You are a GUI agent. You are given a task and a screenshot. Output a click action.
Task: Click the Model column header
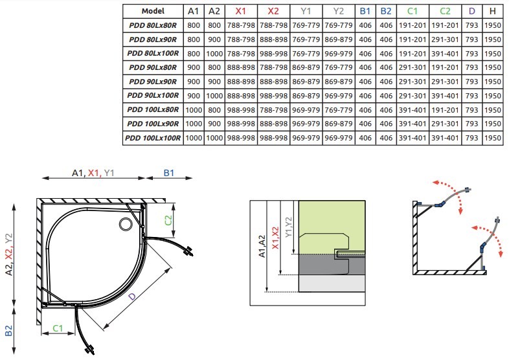(x=153, y=11)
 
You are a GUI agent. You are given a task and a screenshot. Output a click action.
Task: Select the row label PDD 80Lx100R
(x=153, y=53)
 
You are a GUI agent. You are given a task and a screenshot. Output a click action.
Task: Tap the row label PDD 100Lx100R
(x=153, y=137)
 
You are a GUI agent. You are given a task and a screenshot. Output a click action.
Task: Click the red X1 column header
(x=241, y=11)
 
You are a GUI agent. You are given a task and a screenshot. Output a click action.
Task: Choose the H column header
(x=493, y=11)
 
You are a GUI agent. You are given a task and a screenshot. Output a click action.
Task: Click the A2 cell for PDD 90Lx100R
(x=214, y=95)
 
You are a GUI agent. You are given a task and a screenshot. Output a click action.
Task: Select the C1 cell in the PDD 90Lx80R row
(x=411, y=67)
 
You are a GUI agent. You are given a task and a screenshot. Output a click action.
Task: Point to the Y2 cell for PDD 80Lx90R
(x=339, y=39)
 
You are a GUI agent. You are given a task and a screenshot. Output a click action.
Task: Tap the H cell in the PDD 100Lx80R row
(x=493, y=109)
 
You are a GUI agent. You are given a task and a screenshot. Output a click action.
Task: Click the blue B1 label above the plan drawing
(x=170, y=173)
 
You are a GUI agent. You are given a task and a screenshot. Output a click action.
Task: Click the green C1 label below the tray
(x=58, y=329)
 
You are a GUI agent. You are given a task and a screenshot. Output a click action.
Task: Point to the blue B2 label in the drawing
(x=8, y=330)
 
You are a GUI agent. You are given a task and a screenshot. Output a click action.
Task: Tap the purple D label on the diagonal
(x=132, y=296)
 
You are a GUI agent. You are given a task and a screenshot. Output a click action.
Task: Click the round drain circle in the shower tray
(x=125, y=224)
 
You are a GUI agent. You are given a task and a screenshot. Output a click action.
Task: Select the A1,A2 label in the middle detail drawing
(x=262, y=246)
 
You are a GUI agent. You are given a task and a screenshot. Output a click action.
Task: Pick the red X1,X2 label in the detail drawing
(x=276, y=239)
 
